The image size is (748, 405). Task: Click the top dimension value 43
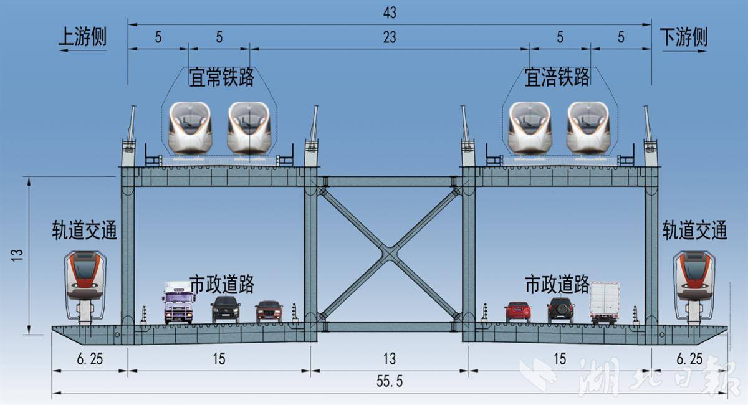coord(390,12)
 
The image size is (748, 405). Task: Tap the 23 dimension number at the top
coord(390,37)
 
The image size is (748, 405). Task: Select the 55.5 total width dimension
coord(390,381)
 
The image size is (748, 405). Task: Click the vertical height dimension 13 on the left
coord(17,255)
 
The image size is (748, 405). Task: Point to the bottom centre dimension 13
coord(390,359)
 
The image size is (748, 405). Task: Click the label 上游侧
coord(82,37)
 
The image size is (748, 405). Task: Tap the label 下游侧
coord(684,37)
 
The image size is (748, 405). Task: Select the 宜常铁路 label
coord(222,77)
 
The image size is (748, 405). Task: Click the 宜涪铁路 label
coord(557,77)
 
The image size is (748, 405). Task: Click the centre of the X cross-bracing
coord(390,254)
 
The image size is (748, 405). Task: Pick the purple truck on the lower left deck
coord(179,302)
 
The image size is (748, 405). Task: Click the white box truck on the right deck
coord(605,303)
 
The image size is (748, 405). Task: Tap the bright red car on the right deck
coord(517,312)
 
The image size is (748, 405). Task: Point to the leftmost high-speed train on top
coord(190,128)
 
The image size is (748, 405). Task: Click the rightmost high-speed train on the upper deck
coord(588,128)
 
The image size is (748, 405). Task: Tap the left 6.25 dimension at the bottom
coord(90,359)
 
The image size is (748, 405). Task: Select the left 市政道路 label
coord(222,285)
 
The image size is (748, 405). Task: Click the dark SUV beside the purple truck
coord(226,309)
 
